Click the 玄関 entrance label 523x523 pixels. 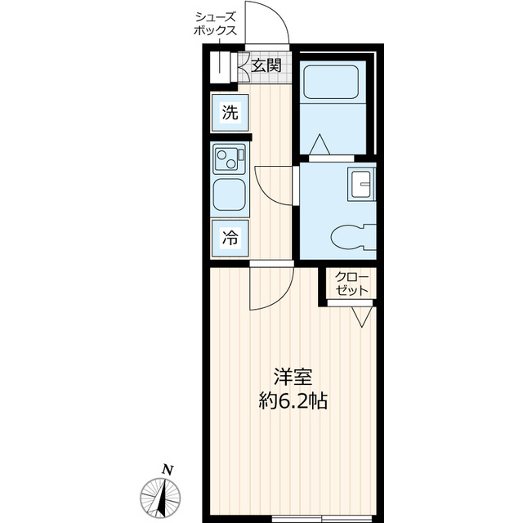pyautogui.click(x=266, y=65)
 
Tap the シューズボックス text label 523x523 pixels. pyautogui.click(x=216, y=24)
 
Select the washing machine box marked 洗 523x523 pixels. pyautogui.click(x=230, y=113)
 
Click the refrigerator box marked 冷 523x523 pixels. pyautogui.click(x=230, y=238)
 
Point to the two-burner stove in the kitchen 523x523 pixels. pyautogui.click(x=229, y=159)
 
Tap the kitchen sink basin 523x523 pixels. pyautogui.click(x=229, y=194)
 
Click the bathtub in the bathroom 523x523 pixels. pyautogui.click(x=331, y=82)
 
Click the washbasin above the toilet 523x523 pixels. pyautogui.click(x=361, y=184)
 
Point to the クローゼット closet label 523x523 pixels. pyautogui.click(x=352, y=284)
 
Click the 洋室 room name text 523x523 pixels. pyautogui.click(x=293, y=378)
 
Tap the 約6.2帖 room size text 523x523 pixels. pyautogui.click(x=293, y=401)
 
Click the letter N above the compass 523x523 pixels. pyautogui.click(x=168, y=470)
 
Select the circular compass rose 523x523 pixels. pyautogui.click(x=160, y=498)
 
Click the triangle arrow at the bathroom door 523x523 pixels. pyautogui.click(x=320, y=145)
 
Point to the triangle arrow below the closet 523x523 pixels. pyautogui.click(x=361, y=317)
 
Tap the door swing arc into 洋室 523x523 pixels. pyautogui.click(x=284, y=297)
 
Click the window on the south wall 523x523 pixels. pyautogui.click(x=321, y=519)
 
